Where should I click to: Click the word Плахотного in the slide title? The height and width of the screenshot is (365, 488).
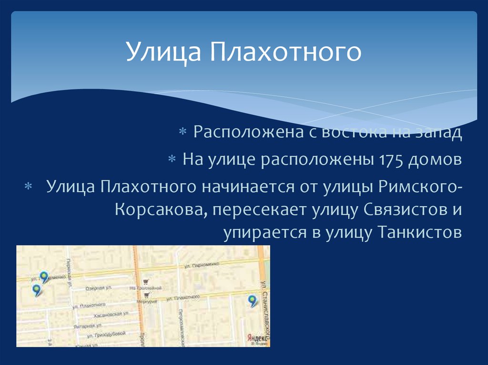[285, 53]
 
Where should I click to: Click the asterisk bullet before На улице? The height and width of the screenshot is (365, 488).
[173, 159]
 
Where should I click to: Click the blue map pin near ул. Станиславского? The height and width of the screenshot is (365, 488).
[252, 300]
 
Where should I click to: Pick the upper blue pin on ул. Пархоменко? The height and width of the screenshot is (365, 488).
[44, 276]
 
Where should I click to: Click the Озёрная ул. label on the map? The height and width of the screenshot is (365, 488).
[99, 288]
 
